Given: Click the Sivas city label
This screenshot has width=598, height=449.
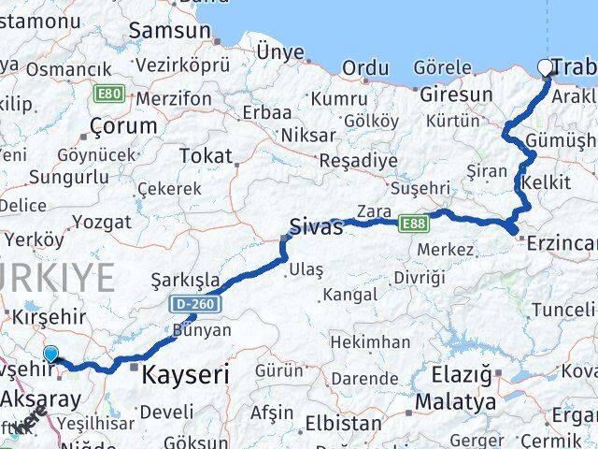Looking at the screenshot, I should (x=316, y=227).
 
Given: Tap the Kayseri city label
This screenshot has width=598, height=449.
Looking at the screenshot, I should (x=185, y=375).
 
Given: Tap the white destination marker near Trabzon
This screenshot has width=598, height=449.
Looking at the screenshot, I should (x=545, y=66).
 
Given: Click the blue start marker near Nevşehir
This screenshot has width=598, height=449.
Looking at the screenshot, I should (x=50, y=354).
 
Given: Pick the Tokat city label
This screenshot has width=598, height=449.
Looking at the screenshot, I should (x=205, y=154).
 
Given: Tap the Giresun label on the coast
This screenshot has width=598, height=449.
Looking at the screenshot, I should (x=456, y=94).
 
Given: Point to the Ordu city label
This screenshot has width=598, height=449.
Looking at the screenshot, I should (x=365, y=68).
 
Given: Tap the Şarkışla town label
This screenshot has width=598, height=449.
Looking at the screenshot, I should (x=185, y=279).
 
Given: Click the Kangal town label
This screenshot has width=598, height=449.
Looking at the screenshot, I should (x=350, y=295).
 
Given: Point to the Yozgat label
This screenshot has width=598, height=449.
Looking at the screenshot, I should (x=101, y=222).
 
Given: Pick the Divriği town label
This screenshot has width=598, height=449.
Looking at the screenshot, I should (x=420, y=279).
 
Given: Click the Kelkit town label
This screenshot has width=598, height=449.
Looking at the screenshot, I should (x=547, y=181).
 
